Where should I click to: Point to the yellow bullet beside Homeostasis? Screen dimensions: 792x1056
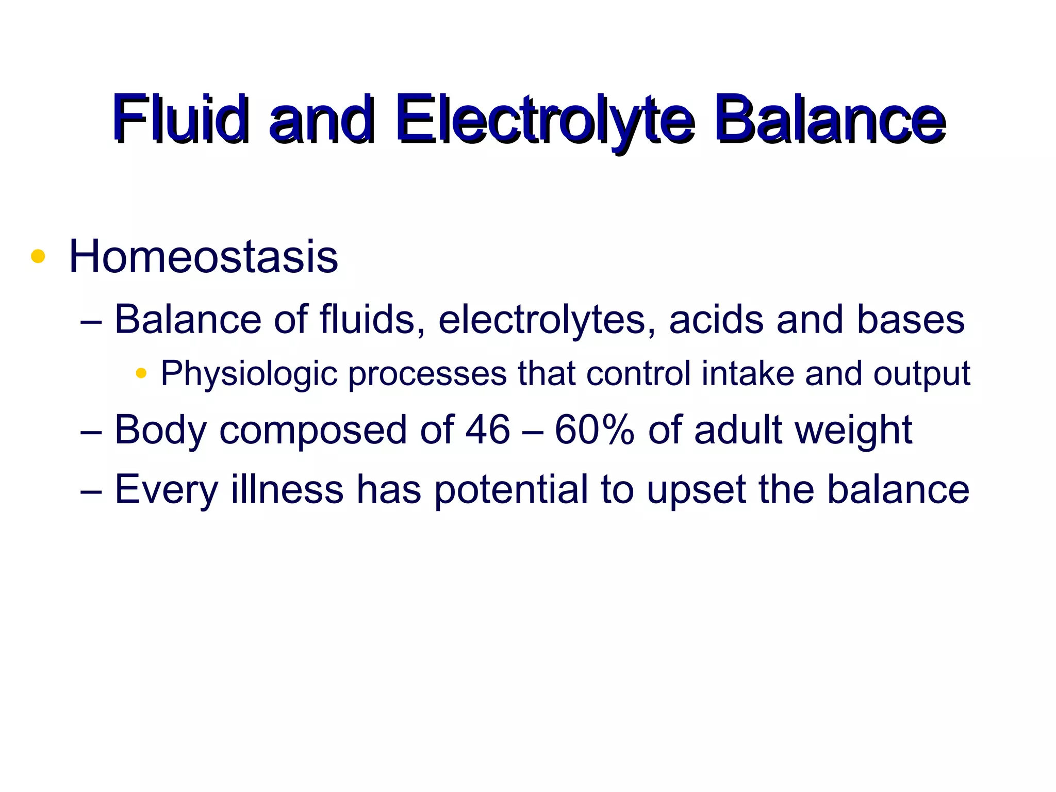(38, 256)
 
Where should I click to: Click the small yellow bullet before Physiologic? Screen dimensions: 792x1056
(141, 373)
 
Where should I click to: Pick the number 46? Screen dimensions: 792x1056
(488, 430)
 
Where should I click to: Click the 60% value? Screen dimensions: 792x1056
(595, 430)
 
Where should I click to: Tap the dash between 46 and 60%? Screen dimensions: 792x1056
(533, 431)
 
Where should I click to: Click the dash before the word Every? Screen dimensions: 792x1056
(91, 490)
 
